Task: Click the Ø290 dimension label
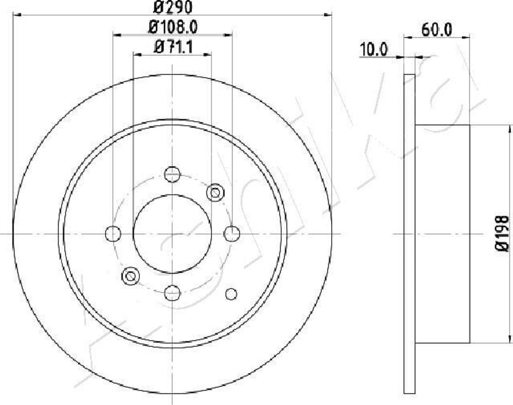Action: click(x=172, y=7)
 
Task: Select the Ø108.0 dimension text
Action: click(x=173, y=27)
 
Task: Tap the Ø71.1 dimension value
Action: click(x=173, y=47)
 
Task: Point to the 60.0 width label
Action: click(x=437, y=30)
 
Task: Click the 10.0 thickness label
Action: click(x=373, y=50)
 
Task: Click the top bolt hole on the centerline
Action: click(x=172, y=174)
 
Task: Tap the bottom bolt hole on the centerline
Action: click(x=172, y=293)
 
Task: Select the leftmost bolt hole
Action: click(x=113, y=234)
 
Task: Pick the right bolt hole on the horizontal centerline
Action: click(x=231, y=234)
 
